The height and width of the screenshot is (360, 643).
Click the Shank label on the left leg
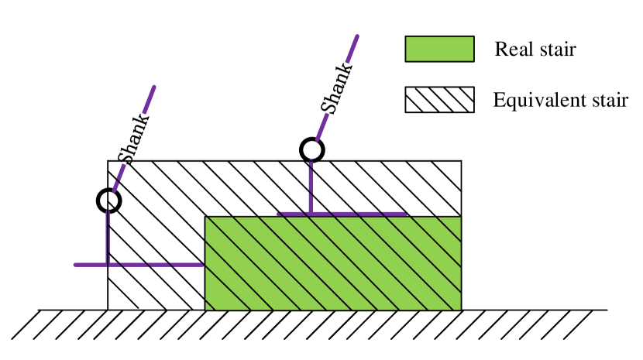tap(134, 139)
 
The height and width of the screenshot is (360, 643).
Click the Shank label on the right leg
tap(337, 88)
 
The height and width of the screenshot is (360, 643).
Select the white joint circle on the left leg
tap(108, 201)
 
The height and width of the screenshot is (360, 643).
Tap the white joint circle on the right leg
tap(311, 150)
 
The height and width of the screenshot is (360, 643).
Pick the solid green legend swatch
tap(439, 49)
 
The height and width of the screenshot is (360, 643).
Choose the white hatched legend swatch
tap(439, 99)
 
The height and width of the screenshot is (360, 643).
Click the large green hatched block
tap(333, 263)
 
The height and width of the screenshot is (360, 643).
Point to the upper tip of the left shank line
tap(154, 87)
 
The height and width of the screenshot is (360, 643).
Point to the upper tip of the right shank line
tap(357, 36)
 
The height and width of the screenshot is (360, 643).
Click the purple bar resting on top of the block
tap(341, 214)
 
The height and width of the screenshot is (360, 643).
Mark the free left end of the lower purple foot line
tap(75, 265)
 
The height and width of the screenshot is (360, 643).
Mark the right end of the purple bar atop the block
tap(406, 214)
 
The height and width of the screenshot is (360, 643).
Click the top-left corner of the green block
tap(205, 217)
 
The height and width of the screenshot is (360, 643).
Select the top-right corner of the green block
tap(460, 217)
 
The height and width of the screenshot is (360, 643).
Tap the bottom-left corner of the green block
tap(205, 310)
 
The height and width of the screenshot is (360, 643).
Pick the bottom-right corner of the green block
tap(460, 310)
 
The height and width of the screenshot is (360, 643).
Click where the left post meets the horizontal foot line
tap(108, 265)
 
